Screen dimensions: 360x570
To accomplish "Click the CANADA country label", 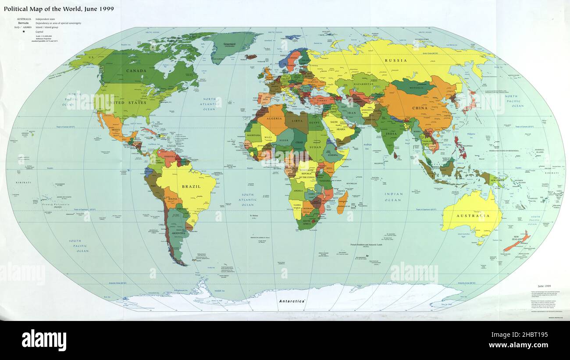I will tap(136, 71).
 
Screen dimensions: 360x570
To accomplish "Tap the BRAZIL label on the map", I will tap(191, 186).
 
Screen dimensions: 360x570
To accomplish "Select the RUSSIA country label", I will tap(395, 61).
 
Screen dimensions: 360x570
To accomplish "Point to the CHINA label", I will tap(420, 107).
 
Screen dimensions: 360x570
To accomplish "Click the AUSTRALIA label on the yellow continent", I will tap(473, 216).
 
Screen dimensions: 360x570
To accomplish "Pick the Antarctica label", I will tap(292, 302).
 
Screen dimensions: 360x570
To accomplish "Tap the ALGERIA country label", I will tap(275, 118).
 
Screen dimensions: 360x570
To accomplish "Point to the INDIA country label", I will tap(391, 121).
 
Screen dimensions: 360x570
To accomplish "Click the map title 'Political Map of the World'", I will tap(59, 9).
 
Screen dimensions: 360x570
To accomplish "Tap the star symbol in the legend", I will tap(24, 32).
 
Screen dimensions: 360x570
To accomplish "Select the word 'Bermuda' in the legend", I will tap(24, 23).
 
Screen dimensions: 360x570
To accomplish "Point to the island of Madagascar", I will tap(342, 203).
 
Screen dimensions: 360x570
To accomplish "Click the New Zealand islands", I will tap(518, 242).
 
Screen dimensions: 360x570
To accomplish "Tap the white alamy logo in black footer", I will tap(44, 340).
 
